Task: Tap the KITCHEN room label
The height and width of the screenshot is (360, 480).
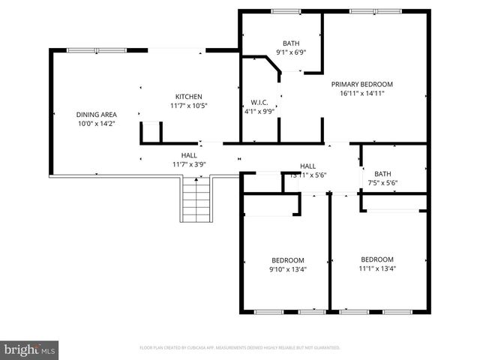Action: click(188, 97)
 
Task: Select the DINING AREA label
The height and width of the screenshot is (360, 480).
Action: click(96, 115)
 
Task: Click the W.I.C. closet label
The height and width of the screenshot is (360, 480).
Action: click(259, 103)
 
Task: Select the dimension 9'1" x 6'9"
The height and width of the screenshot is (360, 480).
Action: click(290, 52)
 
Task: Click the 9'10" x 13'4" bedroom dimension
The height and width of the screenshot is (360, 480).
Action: click(288, 269)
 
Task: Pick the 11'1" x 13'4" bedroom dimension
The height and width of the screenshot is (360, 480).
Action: click(376, 268)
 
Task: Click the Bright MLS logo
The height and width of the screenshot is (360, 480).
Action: click(29, 349)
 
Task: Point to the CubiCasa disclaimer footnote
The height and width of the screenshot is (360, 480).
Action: click(239, 348)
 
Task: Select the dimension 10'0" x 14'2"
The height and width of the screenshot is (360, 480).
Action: click(96, 124)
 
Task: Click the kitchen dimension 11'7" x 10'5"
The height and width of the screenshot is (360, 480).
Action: click(188, 106)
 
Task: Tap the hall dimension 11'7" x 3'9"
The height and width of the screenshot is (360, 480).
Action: click(188, 163)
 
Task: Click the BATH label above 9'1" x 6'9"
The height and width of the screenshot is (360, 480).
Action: click(290, 43)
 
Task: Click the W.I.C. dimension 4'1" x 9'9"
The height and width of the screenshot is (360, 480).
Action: click(259, 112)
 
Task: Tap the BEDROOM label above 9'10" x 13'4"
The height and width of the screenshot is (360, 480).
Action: click(288, 260)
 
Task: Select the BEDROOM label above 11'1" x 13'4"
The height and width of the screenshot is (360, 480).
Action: click(376, 259)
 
